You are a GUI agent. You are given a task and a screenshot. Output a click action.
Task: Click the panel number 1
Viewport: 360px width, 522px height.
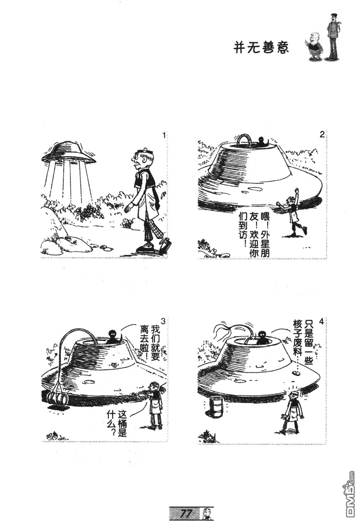pyautogui.click(x=164, y=135)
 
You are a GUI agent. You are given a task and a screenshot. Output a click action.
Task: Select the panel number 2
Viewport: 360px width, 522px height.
pyautogui.click(x=322, y=135)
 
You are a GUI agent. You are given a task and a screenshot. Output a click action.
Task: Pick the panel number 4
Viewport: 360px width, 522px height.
pyautogui.click(x=321, y=322)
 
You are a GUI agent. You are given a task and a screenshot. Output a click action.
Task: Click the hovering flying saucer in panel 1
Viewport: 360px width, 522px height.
pyautogui.click(x=68, y=153)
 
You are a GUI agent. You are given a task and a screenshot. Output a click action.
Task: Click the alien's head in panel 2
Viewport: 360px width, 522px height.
pyautogui.click(x=262, y=140)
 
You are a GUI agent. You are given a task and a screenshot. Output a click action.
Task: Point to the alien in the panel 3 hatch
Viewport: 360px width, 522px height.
pyautogui.click(x=113, y=337)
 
